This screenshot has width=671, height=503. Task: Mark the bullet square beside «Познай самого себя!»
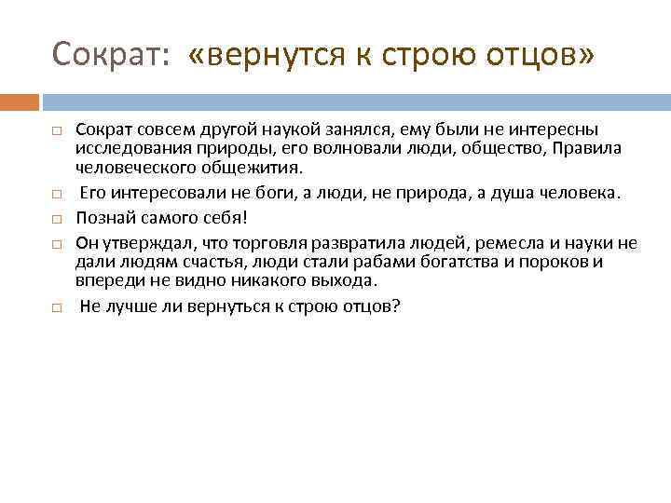57,220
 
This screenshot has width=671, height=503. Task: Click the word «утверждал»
144,244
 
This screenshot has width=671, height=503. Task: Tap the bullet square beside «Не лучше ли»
57,306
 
